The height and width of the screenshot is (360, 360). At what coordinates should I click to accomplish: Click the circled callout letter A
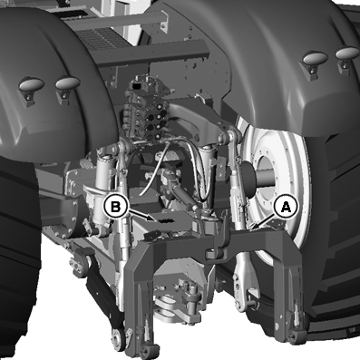coord(286,207)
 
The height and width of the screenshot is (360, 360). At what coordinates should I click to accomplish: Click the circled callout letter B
coord(115,207)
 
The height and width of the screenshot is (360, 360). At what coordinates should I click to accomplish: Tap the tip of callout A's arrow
coord(252,227)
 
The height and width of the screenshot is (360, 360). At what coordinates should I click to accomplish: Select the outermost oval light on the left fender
coord(31,84)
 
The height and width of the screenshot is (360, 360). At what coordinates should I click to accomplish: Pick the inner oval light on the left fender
coord(68,83)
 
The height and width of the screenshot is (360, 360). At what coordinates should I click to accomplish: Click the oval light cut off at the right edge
coord(347,53)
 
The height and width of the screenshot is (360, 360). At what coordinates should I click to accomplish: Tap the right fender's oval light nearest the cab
coord(315,57)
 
